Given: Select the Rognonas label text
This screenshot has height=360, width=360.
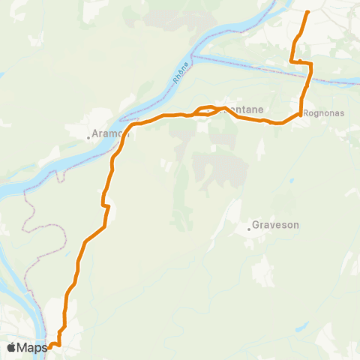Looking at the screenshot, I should (325, 115).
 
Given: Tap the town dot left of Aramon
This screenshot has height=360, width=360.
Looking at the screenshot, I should (88, 136).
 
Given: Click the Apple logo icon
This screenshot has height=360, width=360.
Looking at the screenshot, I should (13, 347).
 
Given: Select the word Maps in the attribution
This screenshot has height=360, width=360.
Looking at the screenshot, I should (33, 347).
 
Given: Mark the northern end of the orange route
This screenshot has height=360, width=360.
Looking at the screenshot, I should (309, 11).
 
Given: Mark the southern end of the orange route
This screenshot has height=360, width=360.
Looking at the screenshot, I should (49, 346).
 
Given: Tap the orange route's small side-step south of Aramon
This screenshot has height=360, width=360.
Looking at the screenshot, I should (106, 205).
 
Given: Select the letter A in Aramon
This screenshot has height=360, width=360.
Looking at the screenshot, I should (95, 135).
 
